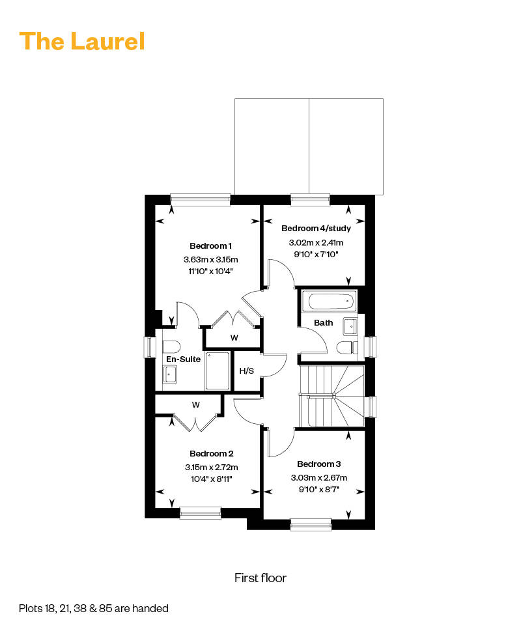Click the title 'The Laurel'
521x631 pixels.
click(82, 42)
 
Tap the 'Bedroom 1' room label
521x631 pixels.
click(210, 246)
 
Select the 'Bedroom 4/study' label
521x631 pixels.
click(316, 228)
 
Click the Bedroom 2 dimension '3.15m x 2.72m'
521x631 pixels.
click(211, 467)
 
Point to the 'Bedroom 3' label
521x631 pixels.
click(318, 464)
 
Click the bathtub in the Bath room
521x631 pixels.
click(329, 301)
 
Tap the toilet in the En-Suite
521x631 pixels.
click(171, 347)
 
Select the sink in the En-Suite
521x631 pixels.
click(170, 374)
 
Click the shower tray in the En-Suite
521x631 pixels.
click(218, 371)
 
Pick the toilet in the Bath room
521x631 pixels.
click(347, 348)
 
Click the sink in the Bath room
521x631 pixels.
click(350, 326)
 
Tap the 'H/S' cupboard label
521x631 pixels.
click(247, 371)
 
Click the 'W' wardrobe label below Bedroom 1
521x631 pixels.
click(234, 337)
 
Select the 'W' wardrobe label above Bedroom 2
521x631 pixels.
click(196, 405)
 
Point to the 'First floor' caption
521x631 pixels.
click(260, 578)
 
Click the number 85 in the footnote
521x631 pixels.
click(106, 608)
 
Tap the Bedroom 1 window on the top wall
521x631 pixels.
click(201, 200)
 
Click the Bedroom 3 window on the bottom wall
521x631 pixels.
click(311, 524)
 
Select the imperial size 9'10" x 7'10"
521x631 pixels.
click(316, 255)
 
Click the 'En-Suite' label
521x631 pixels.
click(184, 359)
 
